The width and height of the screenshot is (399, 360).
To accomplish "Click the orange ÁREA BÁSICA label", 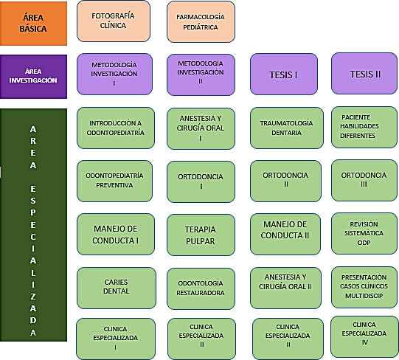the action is click(33, 24).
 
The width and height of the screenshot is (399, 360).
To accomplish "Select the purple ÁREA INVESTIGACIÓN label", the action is click(33, 77).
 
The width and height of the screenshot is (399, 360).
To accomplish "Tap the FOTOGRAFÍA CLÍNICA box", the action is click(114, 21).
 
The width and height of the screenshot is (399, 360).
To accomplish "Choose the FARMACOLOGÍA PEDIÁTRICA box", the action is click(201, 22).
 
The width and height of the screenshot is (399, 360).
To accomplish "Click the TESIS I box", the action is click(284, 74).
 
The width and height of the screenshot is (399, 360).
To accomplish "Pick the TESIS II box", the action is click(364, 74).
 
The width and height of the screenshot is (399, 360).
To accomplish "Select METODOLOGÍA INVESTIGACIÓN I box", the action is click(114, 74).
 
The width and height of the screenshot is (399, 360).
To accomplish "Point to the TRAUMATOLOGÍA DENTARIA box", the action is click(286, 128).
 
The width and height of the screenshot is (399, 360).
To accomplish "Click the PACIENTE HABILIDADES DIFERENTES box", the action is click(364, 128).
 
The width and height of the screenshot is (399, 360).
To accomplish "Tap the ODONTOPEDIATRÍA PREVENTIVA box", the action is click(114, 181).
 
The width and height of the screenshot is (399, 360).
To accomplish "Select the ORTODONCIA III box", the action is click(364, 180).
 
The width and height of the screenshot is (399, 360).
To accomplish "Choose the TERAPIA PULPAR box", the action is click(201, 235).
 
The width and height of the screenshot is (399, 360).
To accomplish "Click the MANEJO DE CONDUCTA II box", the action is click(285, 235).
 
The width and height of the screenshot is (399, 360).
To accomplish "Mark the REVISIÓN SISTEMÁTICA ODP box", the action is click(364, 233).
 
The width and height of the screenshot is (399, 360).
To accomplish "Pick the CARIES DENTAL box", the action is click(117, 288).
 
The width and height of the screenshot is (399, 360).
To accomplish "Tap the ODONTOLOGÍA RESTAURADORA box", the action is click(201, 288).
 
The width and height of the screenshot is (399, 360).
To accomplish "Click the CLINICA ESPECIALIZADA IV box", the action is click(364, 336).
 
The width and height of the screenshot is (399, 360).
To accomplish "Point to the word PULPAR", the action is click(201, 241).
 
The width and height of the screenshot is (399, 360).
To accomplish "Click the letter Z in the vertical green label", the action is click(33, 297).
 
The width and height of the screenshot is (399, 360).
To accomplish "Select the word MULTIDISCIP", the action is click(364, 296).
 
